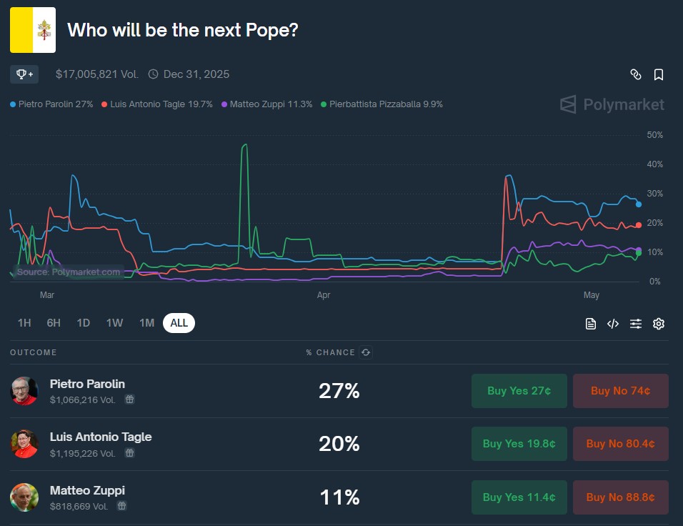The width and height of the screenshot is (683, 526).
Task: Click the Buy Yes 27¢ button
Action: [519, 391]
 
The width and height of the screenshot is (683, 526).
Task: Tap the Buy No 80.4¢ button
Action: [620, 444]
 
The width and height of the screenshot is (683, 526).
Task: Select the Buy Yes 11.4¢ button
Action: [519, 497]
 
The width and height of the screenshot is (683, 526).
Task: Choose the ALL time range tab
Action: [179, 323]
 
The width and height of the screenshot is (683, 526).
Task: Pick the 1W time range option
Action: [114, 323]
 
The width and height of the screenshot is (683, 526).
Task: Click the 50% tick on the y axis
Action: [654, 135]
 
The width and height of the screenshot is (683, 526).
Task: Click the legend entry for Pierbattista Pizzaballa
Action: [382, 104]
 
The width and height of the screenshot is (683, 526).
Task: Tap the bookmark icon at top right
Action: [659, 74]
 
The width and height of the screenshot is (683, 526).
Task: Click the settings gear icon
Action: [659, 324]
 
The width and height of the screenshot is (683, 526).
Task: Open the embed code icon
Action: [613, 324]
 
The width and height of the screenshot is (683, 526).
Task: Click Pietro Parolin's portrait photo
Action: [24, 390]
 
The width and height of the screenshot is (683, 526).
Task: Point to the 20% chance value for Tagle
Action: [339, 444]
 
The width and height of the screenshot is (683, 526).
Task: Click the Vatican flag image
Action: [33, 30]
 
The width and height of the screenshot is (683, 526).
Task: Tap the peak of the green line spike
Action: [245, 145]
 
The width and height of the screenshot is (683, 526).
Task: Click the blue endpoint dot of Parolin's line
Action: [639, 204]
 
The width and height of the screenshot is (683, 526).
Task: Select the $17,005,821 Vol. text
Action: [96, 74]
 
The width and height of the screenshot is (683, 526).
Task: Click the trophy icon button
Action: [25, 74]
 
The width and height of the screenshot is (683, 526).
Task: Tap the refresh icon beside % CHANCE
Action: [366, 352]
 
